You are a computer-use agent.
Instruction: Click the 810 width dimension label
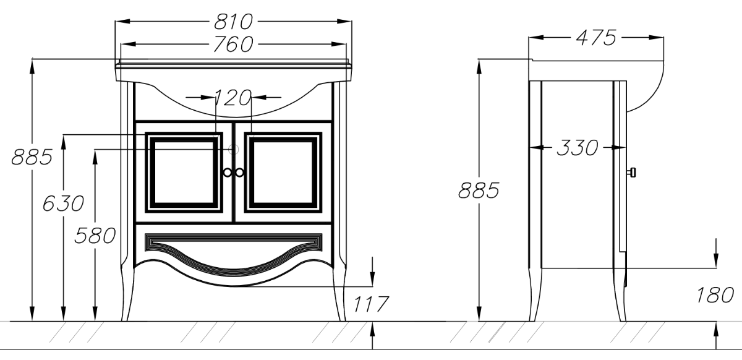click(x=234, y=22)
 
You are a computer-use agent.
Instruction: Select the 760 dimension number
click(x=234, y=44)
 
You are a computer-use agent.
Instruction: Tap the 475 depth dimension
click(x=596, y=38)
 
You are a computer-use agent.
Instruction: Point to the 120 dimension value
click(x=233, y=98)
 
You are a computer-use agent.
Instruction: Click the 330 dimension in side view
click(x=578, y=147)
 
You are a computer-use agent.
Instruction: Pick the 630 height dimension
click(x=63, y=204)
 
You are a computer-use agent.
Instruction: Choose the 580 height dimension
click(x=95, y=236)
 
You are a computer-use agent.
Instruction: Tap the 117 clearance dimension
click(x=370, y=304)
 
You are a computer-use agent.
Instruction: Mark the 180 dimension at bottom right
click(x=715, y=295)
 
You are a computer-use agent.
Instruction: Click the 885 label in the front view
click(x=32, y=157)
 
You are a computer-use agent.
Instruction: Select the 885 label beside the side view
click(x=479, y=191)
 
